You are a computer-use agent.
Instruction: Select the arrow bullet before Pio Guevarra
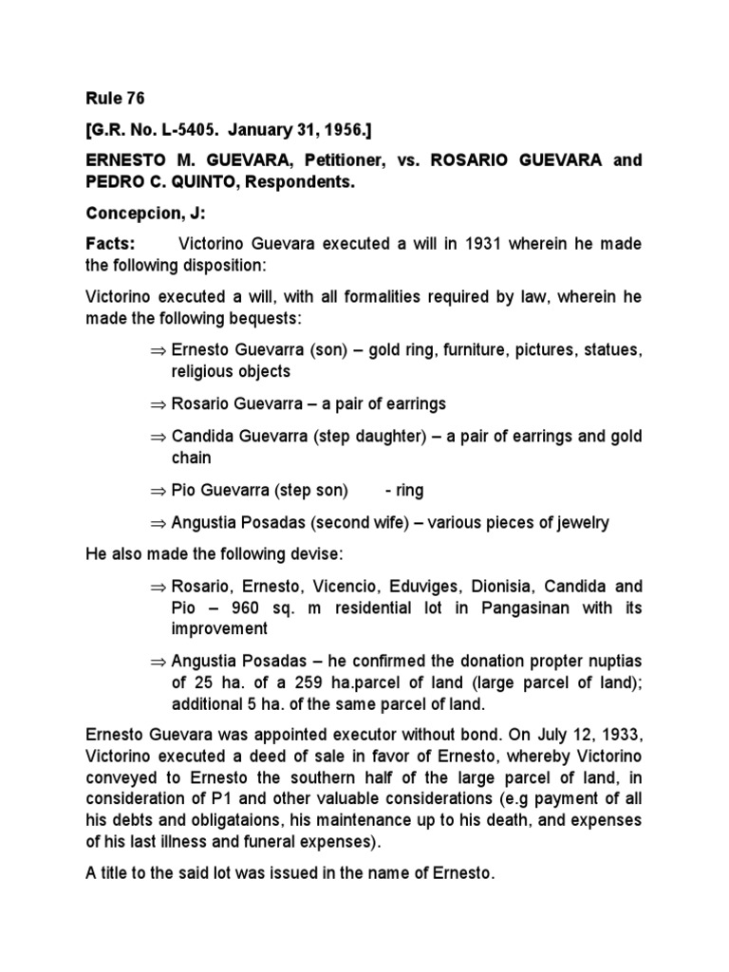pos(158,491)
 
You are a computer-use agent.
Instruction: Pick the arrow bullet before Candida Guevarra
pos(158,437)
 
